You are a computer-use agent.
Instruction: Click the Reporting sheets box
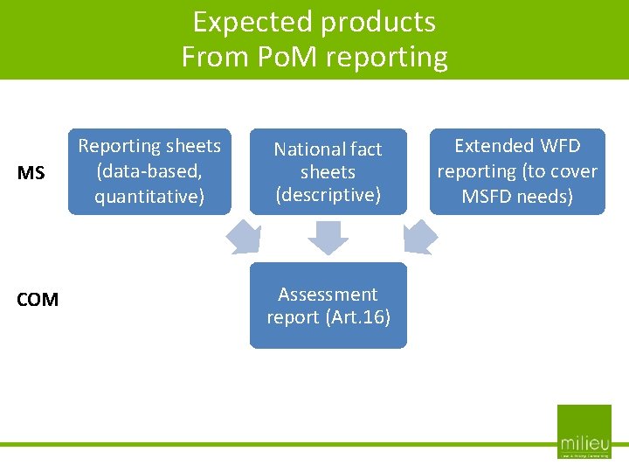pyautogui.click(x=149, y=171)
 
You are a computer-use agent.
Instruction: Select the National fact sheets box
pyautogui.click(x=328, y=171)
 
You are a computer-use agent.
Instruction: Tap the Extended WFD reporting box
pyautogui.click(x=517, y=171)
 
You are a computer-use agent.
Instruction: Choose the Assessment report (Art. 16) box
pyautogui.click(x=328, y=305)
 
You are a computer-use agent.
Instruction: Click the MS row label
pyautogui.click(x=31, y=173)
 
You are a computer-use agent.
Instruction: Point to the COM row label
pyautogui.click(x=38, y=300)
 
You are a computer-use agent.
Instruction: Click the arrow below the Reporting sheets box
pyautogui.click(x=244, y=236)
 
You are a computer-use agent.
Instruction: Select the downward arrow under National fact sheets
pyautogui.click(x=328, y=237)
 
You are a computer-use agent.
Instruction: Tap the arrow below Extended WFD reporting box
pyautogui.click(x=420, y=236)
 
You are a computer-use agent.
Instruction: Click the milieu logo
pyautogui.click(x=584, y=432)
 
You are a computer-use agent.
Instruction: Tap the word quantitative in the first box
pyautogui.click(x=149, y=197)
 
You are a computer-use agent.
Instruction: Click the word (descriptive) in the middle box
pyautogui.click(x=328, y=195)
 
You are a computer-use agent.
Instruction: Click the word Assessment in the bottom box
pyautogui.click(x=328, y=295)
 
